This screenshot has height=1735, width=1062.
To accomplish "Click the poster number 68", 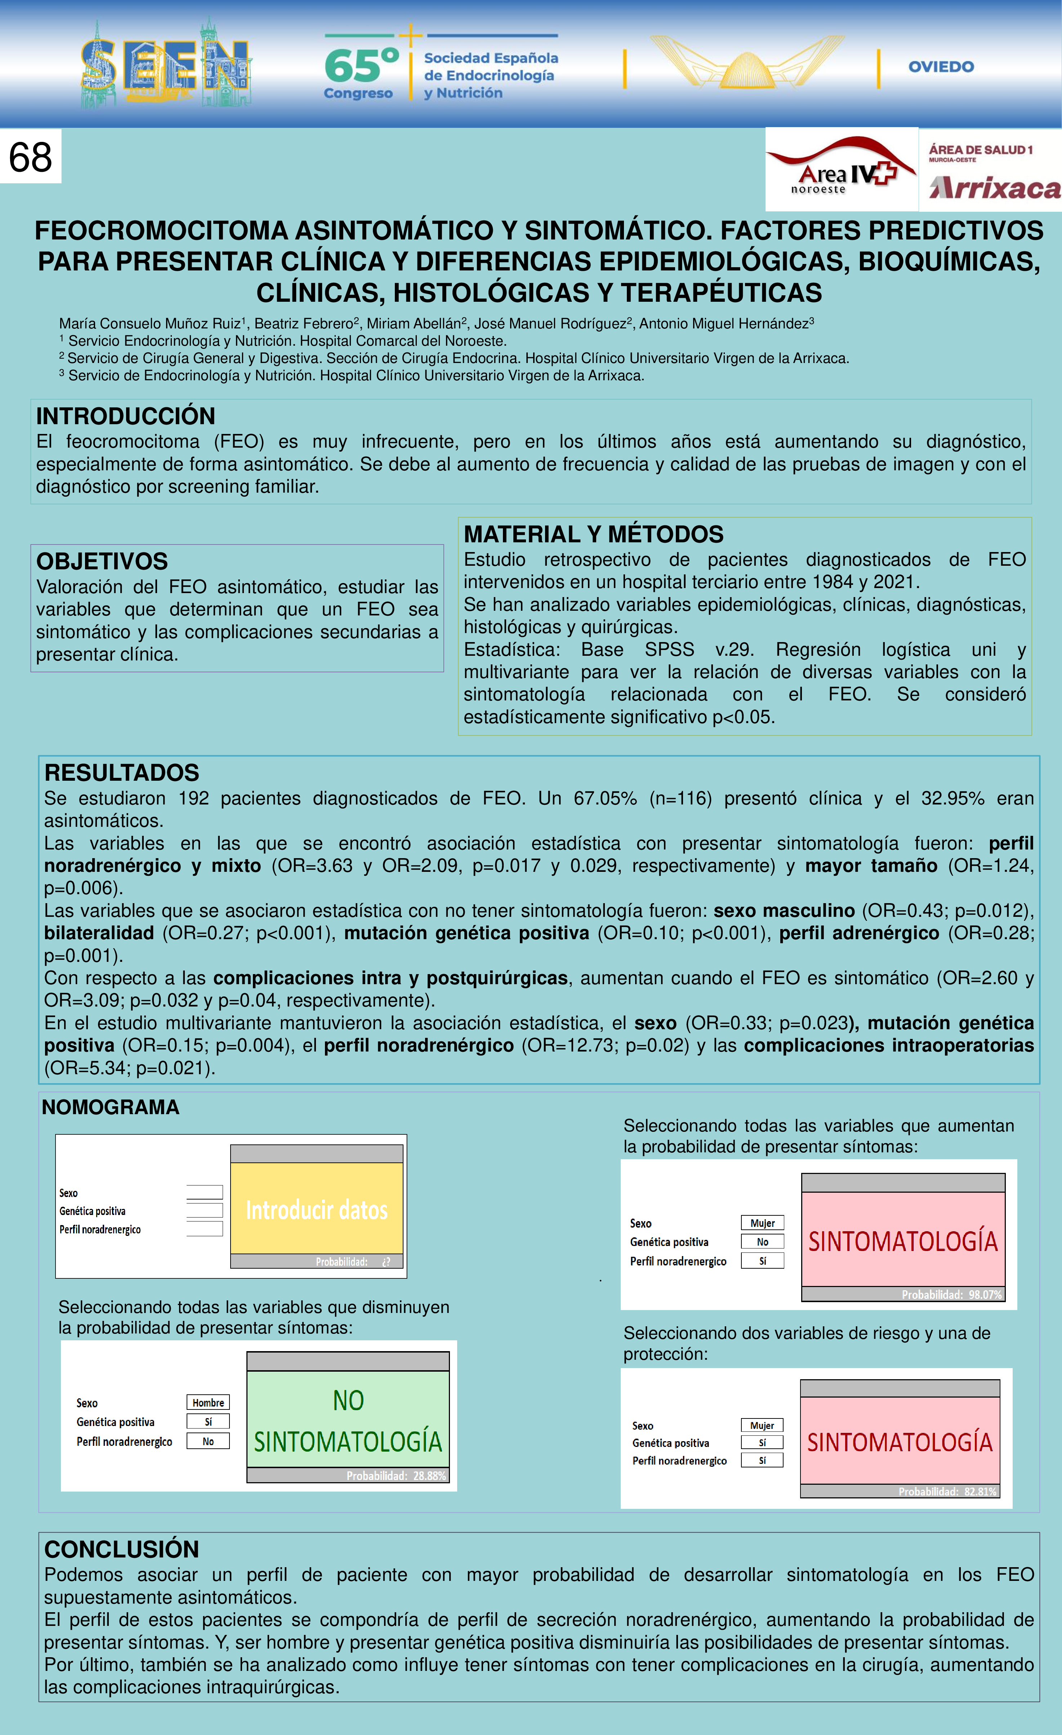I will click(x=30, y=156).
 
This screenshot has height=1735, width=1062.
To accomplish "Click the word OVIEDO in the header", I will click(x=941, y=67).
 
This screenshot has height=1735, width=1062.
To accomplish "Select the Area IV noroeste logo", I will click(x=842, y=169).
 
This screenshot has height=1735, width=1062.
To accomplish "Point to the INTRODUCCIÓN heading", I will click(x=125, y=416).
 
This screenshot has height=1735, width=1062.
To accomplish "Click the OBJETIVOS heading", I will click(x=102, y=561).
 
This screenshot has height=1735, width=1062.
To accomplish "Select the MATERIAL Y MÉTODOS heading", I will click(x=593, y=534).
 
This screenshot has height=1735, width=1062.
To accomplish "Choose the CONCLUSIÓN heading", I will click(x=121, y=1549).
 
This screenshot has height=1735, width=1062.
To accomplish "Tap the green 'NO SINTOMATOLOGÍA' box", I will click(x=348, y=1420).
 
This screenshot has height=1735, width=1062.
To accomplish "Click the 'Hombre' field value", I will click(x=209, y=1403).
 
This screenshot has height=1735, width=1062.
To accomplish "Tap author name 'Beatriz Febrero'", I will click(x=304, y=324).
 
